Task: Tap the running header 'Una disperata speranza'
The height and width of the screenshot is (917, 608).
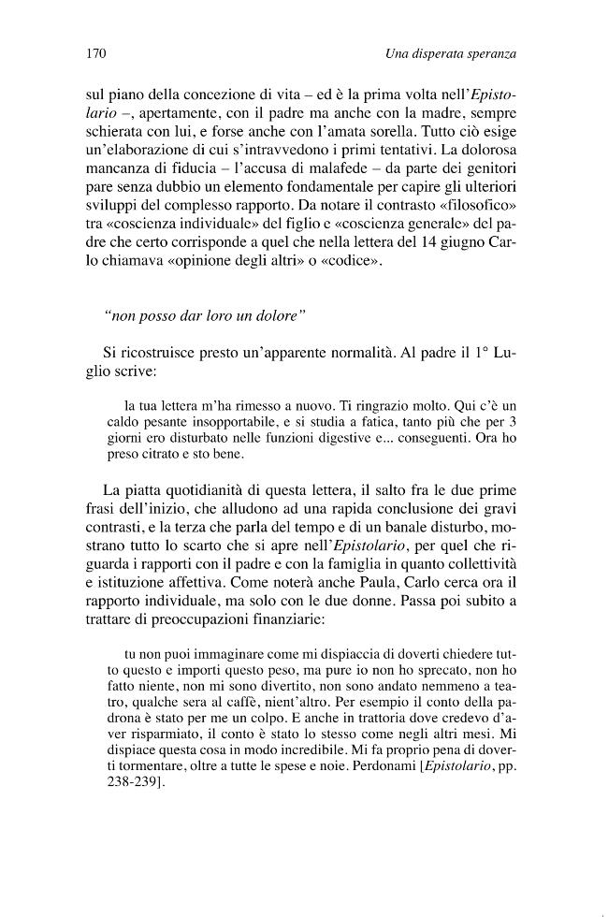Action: click(451, 54)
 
